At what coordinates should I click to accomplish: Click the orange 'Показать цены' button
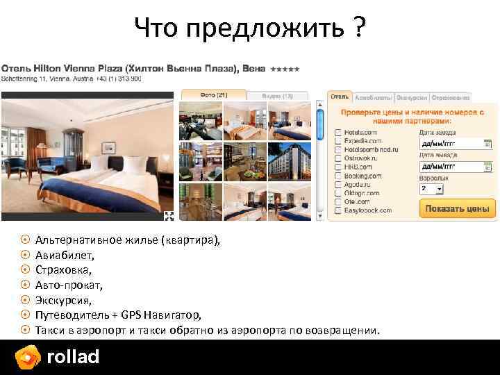[458, 208]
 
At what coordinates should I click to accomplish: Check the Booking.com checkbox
[337, 176]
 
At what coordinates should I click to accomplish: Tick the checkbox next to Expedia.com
[337, 140]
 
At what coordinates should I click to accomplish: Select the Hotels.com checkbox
[337, 131]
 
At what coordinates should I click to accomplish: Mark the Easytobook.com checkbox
[337, 210]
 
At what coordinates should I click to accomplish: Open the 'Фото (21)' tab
[214, 95]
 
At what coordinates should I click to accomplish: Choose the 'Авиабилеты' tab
[373, 98]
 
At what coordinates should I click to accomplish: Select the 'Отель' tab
[340, 98]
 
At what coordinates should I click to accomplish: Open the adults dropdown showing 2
[430, 188]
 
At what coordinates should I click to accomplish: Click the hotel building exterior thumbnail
[290, 162]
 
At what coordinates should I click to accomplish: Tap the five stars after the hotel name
[285, 70]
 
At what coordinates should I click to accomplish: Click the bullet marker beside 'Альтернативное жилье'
[25, 240]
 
